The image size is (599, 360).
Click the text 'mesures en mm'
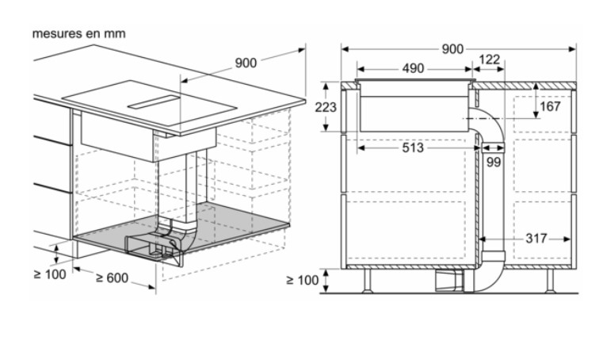point(78,33)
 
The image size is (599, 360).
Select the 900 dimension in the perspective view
point(246,63)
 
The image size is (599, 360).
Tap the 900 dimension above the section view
point(452,49)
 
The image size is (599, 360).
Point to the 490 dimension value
point(413,68)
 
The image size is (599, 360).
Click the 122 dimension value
point(490,59)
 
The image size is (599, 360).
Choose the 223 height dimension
point(326,107)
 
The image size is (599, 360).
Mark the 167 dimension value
point(550,106)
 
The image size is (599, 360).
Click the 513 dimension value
point(413,147)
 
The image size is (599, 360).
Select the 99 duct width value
point(494,162)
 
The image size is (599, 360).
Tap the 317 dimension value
point(536,239)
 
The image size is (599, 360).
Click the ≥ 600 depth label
point(112,278)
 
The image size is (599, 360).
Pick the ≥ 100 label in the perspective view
point(50,274)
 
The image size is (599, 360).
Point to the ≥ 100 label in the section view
point(302,280)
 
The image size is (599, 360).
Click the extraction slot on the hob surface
point(154,101)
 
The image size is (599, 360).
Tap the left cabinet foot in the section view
point(367,281)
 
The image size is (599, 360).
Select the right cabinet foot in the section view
point(550,281)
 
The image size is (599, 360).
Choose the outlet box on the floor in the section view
point(449,281)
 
